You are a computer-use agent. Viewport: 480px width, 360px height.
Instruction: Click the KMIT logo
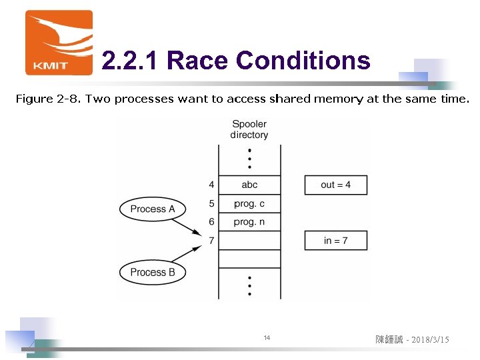click(x=59, y=42)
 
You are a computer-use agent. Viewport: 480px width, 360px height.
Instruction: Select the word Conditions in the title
click(x=303, y=61)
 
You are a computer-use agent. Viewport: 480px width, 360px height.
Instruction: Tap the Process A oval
click(x=153, y=209)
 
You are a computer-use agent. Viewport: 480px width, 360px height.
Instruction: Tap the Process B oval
click(x=153, y=272)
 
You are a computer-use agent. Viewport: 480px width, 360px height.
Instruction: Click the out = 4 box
click(x=336, y=185)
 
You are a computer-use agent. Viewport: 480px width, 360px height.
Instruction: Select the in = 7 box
click(x=336, y=240)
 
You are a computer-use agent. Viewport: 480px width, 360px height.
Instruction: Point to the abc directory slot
click(x=249, y=185)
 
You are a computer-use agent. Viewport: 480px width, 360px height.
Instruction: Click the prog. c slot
click(x=249, y=203)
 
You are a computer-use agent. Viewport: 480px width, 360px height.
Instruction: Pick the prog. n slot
click(x=249, y=222)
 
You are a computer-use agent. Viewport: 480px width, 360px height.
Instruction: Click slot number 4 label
click(x=211, y=185)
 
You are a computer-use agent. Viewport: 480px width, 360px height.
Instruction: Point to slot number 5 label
click(x=211, y=203)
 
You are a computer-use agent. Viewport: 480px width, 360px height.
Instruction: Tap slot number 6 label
click(x=211, y=222)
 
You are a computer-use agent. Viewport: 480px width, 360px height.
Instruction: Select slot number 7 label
click(x=211, y=241)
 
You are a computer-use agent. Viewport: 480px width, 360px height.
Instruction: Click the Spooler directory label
click(x=249, y=129)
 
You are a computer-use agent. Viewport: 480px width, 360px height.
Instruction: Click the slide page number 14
click(x=267, y=339)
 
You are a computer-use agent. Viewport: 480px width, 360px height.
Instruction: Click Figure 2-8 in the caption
click(x=43, y=99)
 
